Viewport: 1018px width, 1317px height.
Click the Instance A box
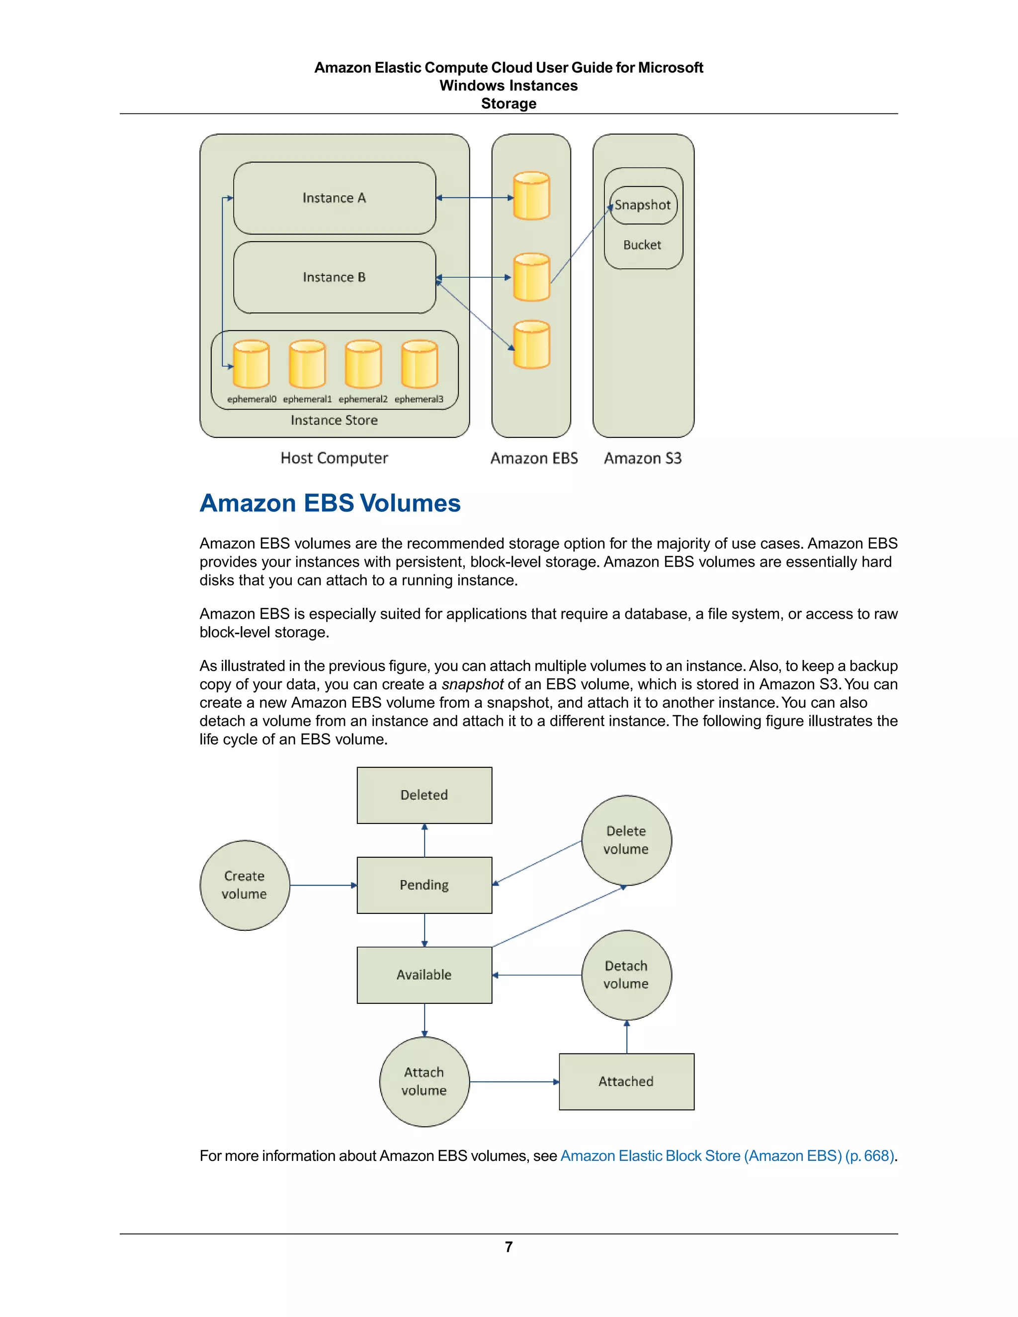(334, 198)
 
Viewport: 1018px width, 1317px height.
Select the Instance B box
(334, 277)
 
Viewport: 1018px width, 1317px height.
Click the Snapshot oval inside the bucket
(643, 205)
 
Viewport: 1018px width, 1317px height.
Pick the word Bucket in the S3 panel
(642, 245)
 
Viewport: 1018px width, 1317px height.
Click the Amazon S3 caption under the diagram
(643, 458)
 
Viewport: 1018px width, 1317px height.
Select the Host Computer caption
(334, 458)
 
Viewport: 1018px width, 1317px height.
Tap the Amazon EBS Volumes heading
(330, 503)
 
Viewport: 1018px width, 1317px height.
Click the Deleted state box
(424, 795)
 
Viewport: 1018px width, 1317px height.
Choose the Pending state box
(424, 885)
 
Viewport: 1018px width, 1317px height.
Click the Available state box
(424, 975)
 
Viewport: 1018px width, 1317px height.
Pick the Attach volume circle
(424, 1081)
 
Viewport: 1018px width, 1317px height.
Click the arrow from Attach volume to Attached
(514, 1082)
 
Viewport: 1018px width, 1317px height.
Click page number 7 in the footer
(509, 1246)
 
